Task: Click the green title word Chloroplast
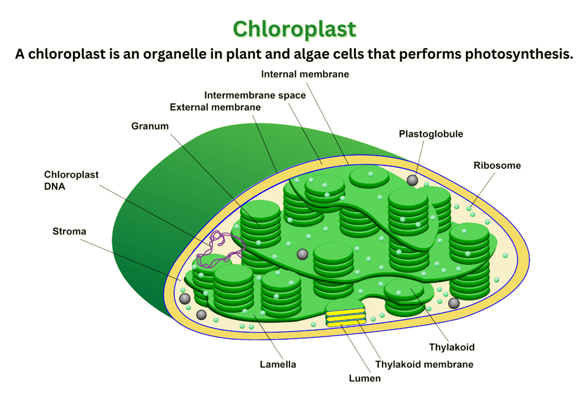pos(294,28)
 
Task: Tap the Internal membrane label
pos(305,74)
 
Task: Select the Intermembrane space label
pos(255,95)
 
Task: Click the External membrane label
pos(215,107)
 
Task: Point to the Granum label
pos(150,126)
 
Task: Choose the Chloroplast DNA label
pos(71,180)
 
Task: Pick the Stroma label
pos(69,231)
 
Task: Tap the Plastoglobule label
pos(431,134)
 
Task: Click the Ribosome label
pos(497,165)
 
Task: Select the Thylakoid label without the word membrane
pos(451,347)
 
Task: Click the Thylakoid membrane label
pos(424,364)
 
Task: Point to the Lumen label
pos(365,378)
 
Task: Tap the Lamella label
pos(278,364)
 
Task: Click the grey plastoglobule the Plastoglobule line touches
pos(412,180)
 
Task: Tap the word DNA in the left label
pos(55,187)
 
